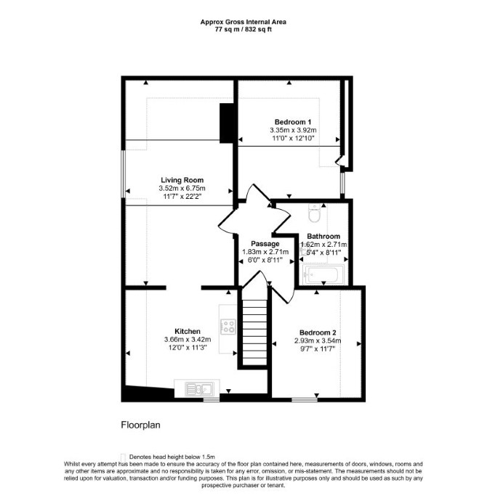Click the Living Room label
[182, 180]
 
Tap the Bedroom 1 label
[293, 122]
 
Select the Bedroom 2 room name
[318, 332]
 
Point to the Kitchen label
[188, 331]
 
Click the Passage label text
[265, 244]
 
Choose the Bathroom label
[323, 237]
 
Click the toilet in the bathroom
[314, 213]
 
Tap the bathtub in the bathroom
[323, 274]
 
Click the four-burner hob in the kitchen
[228, 326]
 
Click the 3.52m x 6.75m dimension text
[182, 188]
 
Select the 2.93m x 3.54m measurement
[318, 340]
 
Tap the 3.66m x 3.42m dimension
[188, 340]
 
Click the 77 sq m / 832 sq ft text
[243, 30]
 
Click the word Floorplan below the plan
[140, 425]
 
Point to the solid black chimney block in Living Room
[227, 123]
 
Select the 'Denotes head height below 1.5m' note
[172, 457]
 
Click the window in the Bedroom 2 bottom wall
[305, 399]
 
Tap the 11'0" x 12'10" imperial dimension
[293, 138]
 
